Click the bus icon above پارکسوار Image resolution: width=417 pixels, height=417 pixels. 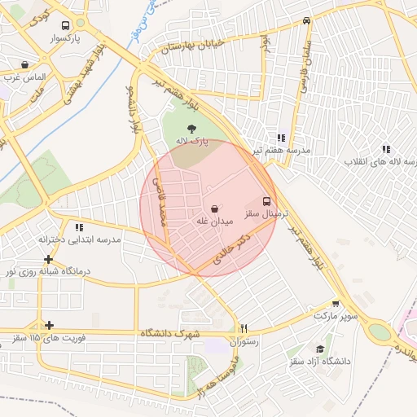click(x=66, y=24)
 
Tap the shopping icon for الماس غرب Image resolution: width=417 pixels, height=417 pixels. click(x=25, y=64)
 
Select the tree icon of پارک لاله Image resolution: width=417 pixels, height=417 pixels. click(x=191, y=128)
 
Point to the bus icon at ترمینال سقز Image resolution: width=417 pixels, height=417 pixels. click(x=266, y=200)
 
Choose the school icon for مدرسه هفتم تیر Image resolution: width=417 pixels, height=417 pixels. click(x=281, y=138)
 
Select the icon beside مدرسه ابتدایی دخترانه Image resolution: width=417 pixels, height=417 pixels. click(x=79, y=227)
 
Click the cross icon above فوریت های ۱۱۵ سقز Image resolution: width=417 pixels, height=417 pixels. click(x=49, y=324)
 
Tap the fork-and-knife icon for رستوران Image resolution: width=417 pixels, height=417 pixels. click(x=243, y=329)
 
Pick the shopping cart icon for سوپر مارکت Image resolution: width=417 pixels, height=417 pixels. click(x=336, y=303)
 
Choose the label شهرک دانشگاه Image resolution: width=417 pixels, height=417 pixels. click(x=169, y=333)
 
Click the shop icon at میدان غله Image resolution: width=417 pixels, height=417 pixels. click(x=214, y=208)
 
